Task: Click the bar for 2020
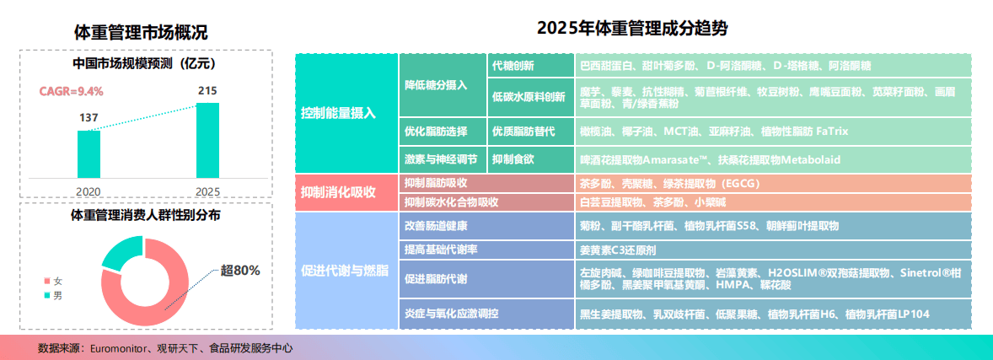(89, 154)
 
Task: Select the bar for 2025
(207, 140)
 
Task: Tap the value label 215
(207, 92)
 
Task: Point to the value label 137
(89, 119)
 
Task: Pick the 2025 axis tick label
(207, 191)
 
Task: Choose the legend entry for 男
(52, 295)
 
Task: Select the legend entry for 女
(52, 281)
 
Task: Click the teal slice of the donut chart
(121, 251)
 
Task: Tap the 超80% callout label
(240, 271)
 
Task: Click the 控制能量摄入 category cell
(346, 114)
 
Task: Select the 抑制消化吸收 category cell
(346, 193)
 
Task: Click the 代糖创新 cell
(531, 65)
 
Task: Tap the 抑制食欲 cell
(531, 159)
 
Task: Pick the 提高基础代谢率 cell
(486, 250)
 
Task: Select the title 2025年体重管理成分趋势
(633, 29)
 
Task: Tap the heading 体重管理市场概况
(141, 31)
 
